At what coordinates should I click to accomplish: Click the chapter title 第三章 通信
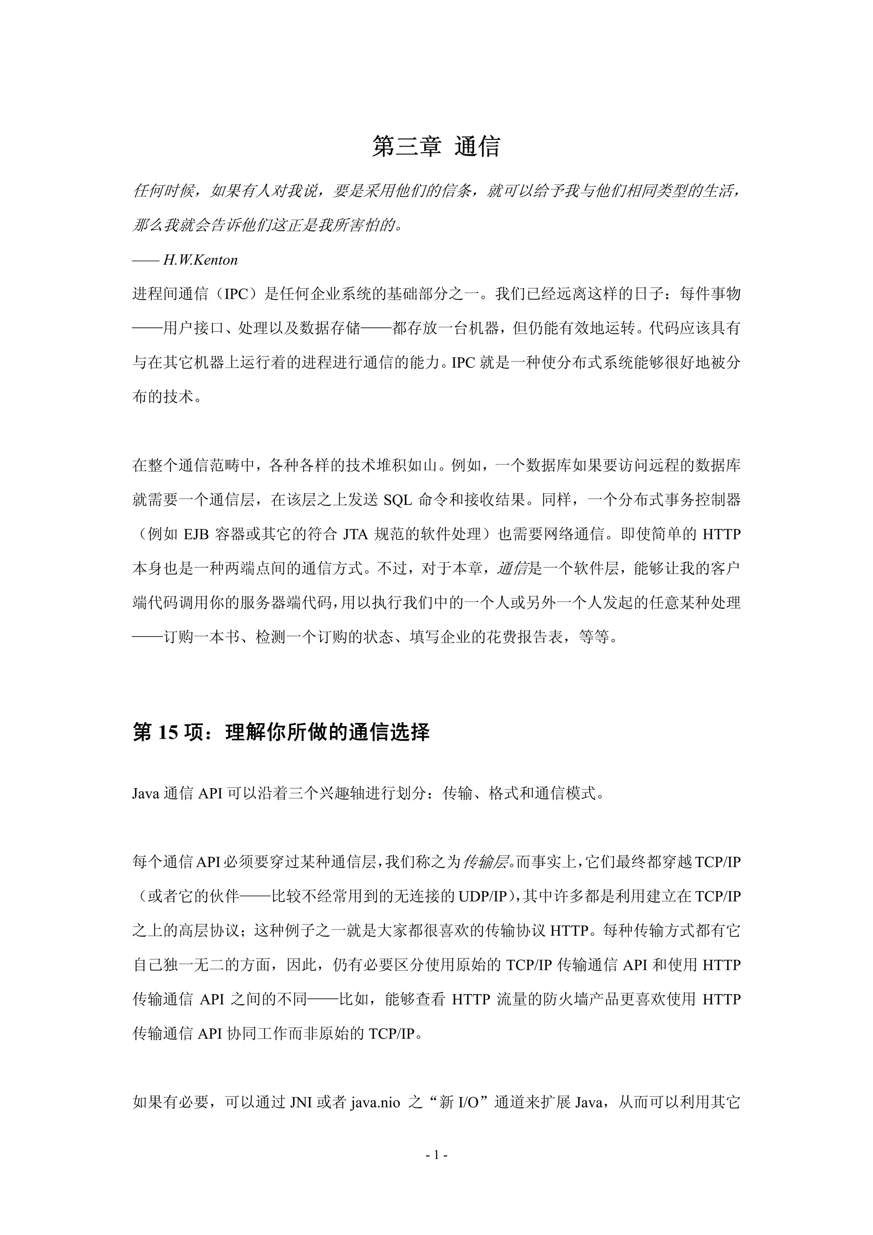[x=436, y=147]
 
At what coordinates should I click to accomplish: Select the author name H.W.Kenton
[x=200, y=260]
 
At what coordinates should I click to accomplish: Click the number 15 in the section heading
[x=167, y=733]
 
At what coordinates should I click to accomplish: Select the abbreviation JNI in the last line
[x=302, y=1103]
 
